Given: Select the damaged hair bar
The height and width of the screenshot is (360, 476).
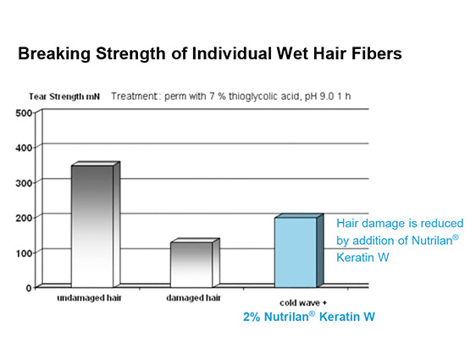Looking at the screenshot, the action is (195, 263).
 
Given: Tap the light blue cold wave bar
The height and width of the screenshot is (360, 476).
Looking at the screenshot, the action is (299, 251).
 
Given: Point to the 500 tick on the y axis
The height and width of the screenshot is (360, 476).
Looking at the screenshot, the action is (24, 114).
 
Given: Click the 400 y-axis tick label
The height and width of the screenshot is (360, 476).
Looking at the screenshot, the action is (24, 148).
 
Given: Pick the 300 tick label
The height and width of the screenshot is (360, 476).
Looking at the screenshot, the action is (24, 183).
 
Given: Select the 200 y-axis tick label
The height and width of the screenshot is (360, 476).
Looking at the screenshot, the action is (24, 218).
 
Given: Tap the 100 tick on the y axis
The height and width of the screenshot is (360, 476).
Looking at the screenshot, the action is (24, 253).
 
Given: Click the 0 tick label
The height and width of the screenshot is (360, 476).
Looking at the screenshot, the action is (29, 288).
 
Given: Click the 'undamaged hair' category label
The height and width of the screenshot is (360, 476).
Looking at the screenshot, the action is (89, 298).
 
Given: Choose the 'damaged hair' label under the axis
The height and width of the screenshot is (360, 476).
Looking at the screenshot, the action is (193, 298).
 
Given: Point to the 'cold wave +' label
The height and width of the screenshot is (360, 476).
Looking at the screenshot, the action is (303, 303).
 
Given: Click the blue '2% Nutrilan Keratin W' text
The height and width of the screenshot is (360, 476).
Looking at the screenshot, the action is (309, 317).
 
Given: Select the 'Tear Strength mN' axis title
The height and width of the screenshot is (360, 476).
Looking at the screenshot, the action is (64, 97).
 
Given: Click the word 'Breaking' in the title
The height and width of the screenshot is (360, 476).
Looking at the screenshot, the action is (54, 53).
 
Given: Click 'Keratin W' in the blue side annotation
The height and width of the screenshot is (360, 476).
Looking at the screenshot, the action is (363, 258).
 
